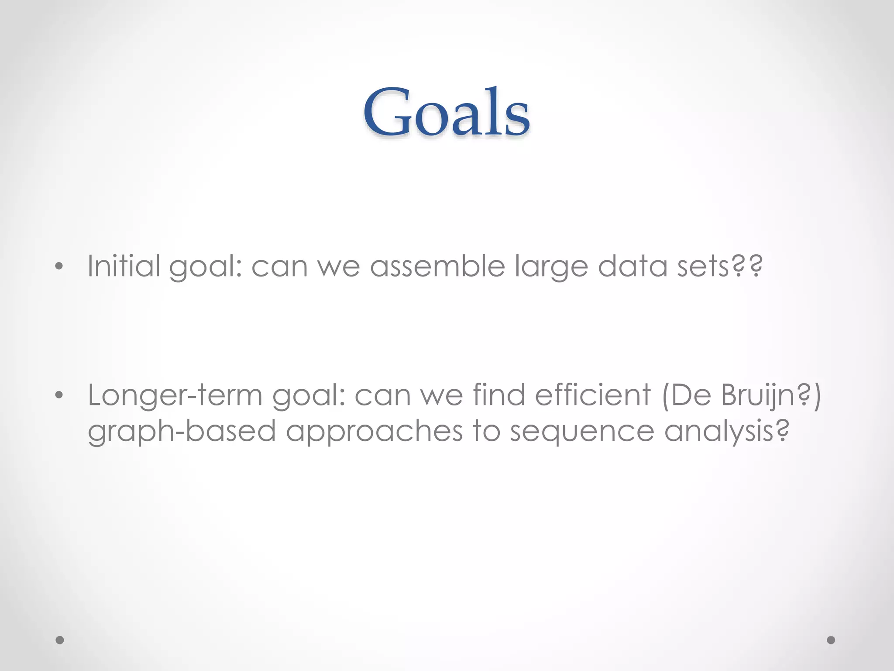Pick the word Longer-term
point(175,395)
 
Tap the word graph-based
point(182,432)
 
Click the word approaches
point(374,432)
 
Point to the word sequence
point(582,432)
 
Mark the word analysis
point(726,432)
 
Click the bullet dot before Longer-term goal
point(59,395)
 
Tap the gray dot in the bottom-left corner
point(60,640)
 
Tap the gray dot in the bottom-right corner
point(831,640)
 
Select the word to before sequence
point(486,431)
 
